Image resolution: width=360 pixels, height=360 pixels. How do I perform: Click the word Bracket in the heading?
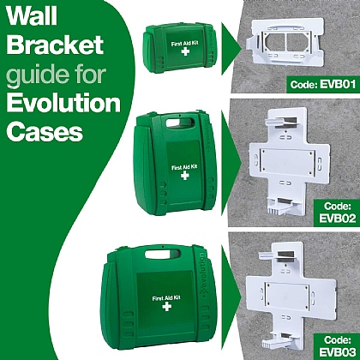pyautogui.click(x=52, y=45)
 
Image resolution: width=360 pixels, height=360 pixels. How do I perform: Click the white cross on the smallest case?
pyautogui.click(x=181, y=51)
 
